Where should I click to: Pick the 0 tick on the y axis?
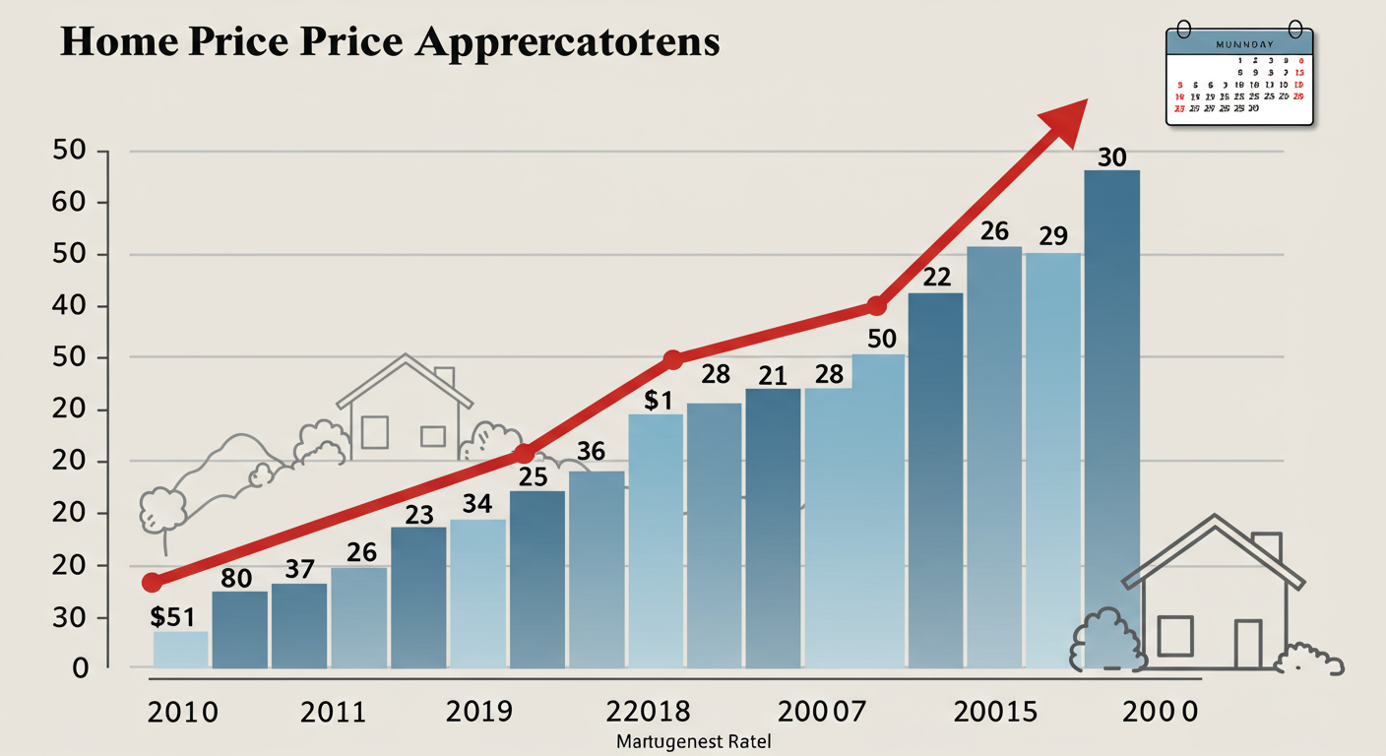[80, 669]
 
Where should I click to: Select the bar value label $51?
[172, 617]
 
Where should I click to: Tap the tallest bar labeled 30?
[1111, 413]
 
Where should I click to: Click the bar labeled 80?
[239, 630]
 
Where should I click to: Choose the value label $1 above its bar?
[657, 401]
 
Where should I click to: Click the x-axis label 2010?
[183, 712]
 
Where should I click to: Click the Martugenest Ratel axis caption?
[694, 741]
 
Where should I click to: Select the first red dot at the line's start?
[152, 583]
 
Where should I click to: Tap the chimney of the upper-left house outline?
[444, 377]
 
